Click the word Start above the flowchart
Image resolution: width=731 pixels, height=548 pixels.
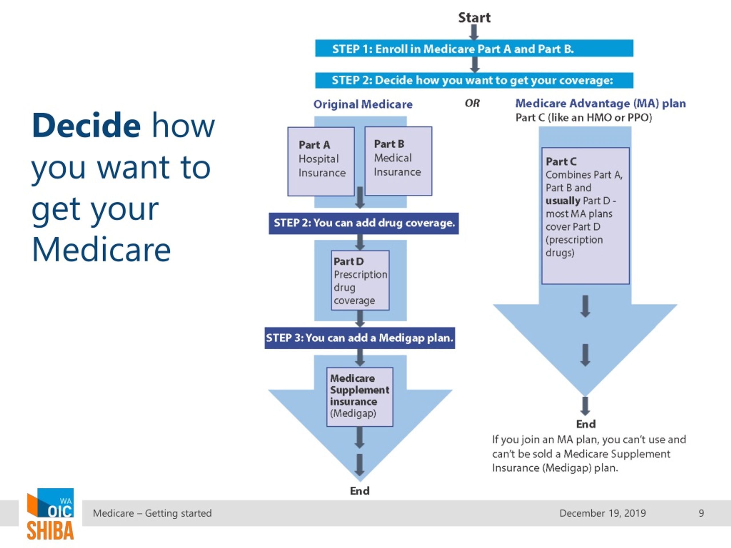(474, 17)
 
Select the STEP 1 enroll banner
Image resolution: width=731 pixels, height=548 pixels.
(474, 48)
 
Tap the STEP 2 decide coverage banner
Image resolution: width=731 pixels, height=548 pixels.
(474, 80)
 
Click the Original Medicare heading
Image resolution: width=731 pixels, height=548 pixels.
(363, 104)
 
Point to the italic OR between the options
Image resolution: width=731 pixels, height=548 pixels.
(472, 103)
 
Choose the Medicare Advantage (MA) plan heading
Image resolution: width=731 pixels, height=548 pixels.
(601, 103)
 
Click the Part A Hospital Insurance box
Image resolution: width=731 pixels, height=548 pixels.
(321, 162)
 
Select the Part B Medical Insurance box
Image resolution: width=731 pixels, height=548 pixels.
(398, 161)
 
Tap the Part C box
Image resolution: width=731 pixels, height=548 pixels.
(585, 216)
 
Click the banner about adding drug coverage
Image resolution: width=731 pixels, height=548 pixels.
(364, 223)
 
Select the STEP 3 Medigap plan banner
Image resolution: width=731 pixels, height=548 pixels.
(360, 338)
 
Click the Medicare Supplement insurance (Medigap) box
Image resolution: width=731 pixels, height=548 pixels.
(360, 397)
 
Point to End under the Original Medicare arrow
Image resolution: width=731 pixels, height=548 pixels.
(360, 491)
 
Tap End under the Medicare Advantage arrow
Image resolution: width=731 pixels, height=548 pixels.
(586, 424)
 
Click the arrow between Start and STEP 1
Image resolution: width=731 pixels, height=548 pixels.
(474, 32)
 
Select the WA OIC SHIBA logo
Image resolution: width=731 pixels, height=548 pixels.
(50, 514)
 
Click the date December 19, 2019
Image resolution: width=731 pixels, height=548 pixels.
(603, 513)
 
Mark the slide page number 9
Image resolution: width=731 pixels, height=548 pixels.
(701, 513)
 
